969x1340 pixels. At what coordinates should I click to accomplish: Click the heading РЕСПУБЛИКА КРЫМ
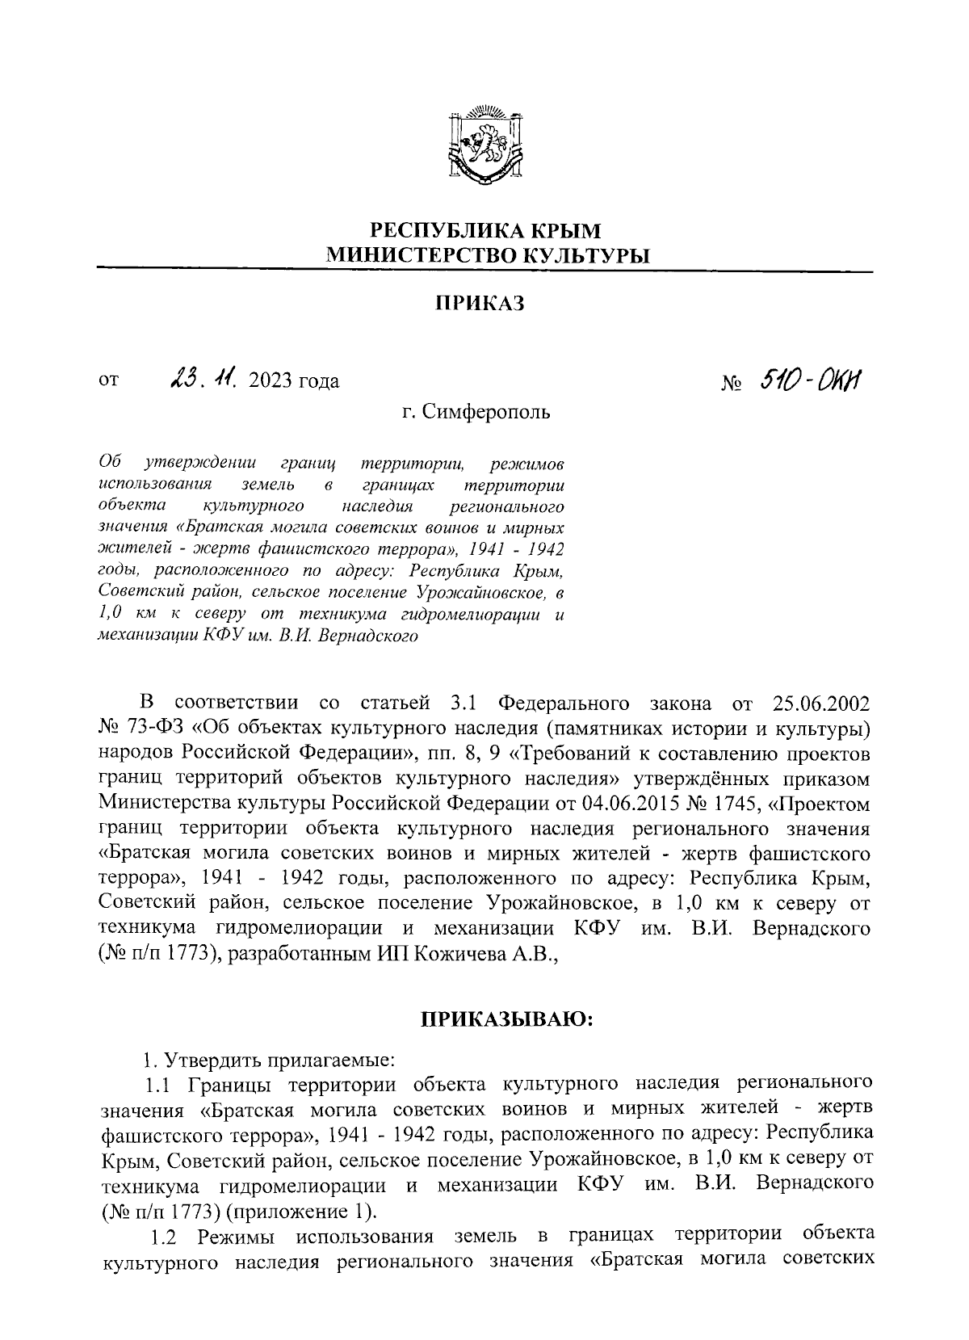click(x=485, y=230)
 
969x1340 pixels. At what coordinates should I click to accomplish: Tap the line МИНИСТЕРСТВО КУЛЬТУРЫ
click(x=487, y=257)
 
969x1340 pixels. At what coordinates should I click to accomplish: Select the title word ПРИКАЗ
click(x=480, y=304)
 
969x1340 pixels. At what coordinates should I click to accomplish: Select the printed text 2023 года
click(x=295, y=381)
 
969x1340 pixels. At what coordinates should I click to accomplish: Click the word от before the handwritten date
click(x=108, y=380)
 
